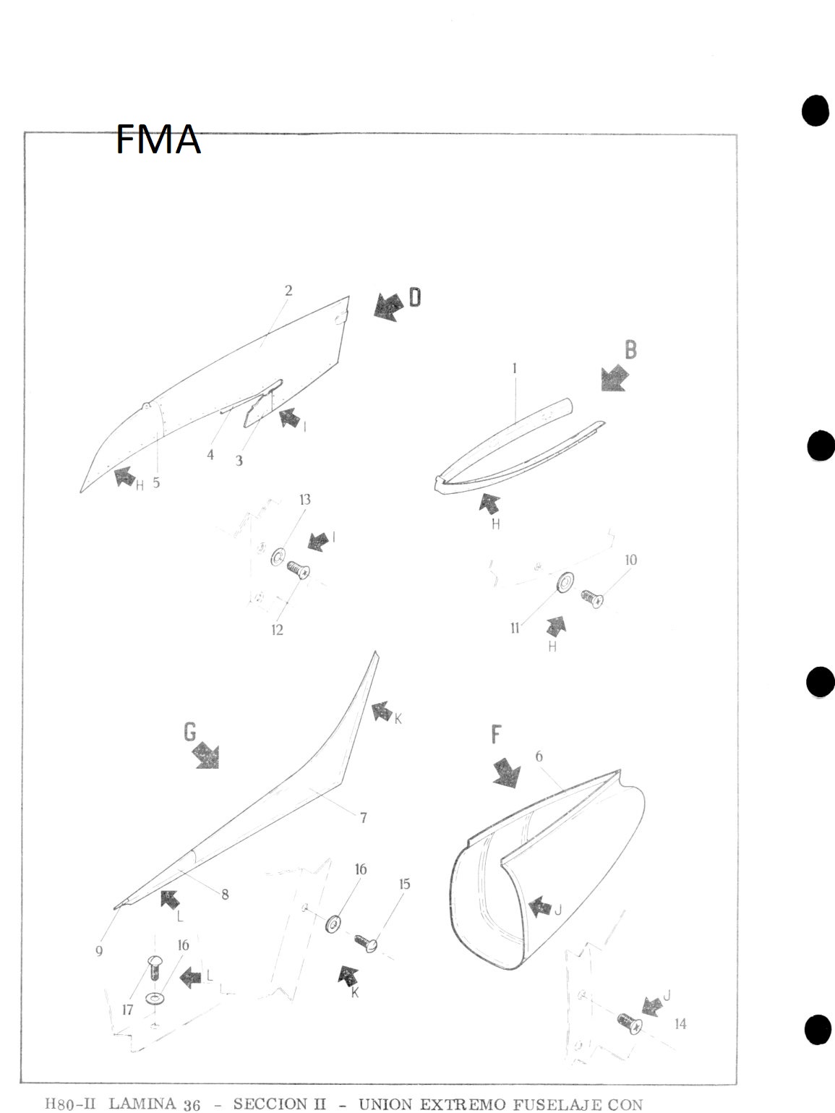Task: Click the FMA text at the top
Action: (158, 140)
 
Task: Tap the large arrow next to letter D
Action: (388, 307)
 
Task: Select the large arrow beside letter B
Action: (615, 378)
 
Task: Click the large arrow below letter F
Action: (507, 773)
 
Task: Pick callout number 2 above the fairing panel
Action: (288, 291)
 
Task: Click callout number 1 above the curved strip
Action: (515, 368)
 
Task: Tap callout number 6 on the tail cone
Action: (539, 756)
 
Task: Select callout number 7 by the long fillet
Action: (363, 818)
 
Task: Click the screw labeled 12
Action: (298, 571)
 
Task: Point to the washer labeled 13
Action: (278, 558)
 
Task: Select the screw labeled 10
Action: (592, 598)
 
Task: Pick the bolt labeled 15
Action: (367, 942)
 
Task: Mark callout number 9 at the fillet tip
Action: (99, 951)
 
